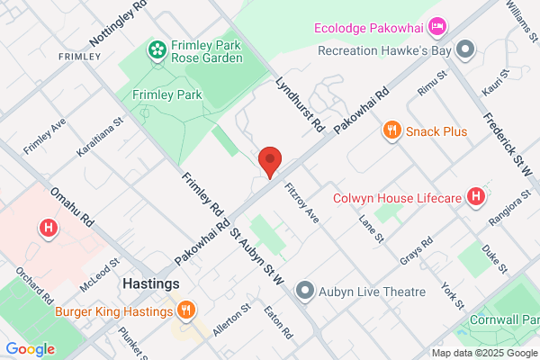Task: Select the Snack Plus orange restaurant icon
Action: (391, 131)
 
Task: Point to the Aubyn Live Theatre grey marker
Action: (305, 290)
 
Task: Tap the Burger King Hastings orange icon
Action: (184, 311)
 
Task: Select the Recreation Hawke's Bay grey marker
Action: (465, 50)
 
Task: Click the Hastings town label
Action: (150, 283)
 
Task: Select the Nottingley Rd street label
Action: (118, 25)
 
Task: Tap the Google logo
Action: (30, 349)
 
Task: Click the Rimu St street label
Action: (431, 88)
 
